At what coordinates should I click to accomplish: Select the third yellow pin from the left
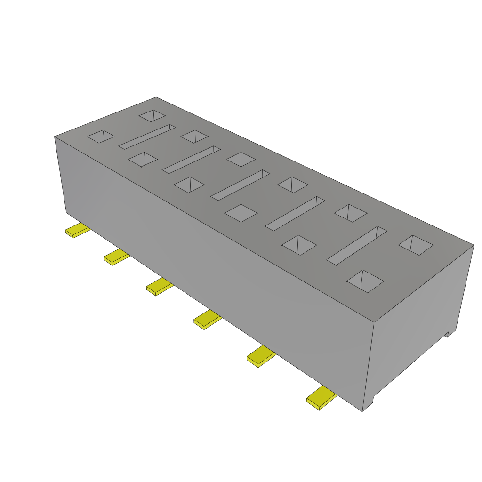pos(159,286)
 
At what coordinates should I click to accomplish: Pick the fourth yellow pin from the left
pos(207,320)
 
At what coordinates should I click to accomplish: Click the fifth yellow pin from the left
pos(261,356)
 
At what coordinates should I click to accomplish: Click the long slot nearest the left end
pos(147,137)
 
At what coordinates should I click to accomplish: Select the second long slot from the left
pos(191,159)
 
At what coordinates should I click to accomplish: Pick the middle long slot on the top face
pos(240,185)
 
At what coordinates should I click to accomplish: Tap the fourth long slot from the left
pos(295,213)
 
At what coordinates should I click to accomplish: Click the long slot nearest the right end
pos(357,245)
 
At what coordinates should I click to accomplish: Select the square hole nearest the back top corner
pos(153,115)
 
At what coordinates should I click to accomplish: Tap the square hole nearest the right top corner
pos(416,245)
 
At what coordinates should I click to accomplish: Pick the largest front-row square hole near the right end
pos(365,281)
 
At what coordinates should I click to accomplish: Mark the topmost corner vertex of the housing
pos(156,97)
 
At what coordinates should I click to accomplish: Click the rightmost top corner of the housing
pos(474,245)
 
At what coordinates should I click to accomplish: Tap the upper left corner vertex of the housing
pos(55,137)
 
